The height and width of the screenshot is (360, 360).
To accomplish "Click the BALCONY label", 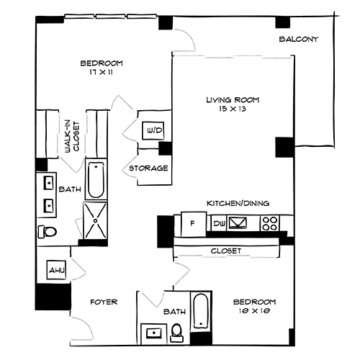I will tap(299, 39).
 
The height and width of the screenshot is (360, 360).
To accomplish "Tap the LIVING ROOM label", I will tap(232, 100).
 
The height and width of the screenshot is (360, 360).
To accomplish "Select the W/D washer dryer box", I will tap(153, 131).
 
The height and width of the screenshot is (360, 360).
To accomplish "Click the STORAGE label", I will tap(148, 168).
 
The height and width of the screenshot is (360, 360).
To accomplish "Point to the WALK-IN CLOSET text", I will tap(71, 135).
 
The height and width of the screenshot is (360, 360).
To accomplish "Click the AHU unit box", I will tap(56, 271).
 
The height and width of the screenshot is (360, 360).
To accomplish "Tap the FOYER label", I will tap(104, 302).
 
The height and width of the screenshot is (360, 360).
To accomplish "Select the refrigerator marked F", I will tap(193, 222).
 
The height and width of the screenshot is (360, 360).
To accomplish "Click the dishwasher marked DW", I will tap(219, 224).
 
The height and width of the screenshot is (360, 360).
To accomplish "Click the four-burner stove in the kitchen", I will tap(270, 223).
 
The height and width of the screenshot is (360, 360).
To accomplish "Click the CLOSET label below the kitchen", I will tap(225, 251).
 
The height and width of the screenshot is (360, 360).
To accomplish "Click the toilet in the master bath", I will tap(48, 232).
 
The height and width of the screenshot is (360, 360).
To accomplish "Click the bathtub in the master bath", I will tap(95, 180).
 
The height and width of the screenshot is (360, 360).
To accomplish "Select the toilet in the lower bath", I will tap(176, 331).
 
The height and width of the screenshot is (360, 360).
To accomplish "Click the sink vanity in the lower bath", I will tap(153, 332).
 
